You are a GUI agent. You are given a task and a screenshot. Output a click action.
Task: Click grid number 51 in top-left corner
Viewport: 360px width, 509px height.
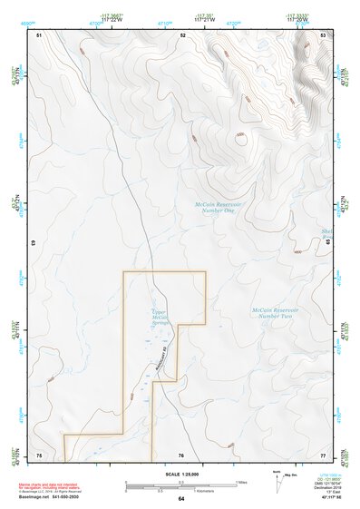pyautogui.click(x=39, y=34)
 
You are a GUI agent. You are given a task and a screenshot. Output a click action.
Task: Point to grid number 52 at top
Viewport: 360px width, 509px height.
pyautogui.click(x=182, y=34)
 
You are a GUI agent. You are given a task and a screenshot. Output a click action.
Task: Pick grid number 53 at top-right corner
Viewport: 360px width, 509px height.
pyautogui.click(x=323, y=34)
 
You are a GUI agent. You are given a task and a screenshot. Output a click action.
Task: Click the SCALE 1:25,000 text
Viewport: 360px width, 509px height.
pyautogui.click(x=181, y=474)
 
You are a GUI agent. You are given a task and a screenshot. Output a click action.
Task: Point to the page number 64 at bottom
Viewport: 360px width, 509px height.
pyautogui.click(x=181, y=499)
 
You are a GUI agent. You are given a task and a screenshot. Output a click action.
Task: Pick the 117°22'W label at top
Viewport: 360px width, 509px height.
pyautogui.click(x=111, y=17)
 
